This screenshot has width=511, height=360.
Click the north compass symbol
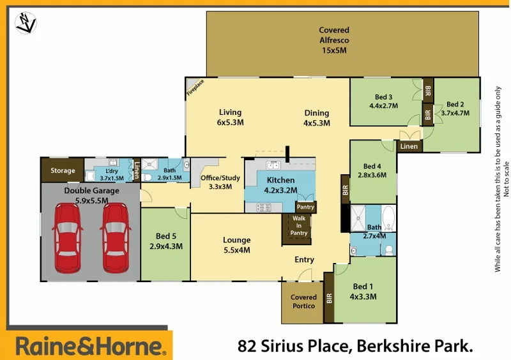click(25, 23)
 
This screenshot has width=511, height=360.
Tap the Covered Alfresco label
click(334, 40)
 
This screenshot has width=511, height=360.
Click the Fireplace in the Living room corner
click(195, 87)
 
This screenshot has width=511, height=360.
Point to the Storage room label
click(63, 170)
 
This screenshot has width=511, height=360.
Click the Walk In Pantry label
click(299, 226)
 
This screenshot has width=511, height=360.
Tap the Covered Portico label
click(303, 301)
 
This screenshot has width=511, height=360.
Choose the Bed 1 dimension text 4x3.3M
click(363, 296)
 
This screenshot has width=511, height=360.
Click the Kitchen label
click(280, 180)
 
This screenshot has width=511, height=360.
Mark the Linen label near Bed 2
click(408, 146)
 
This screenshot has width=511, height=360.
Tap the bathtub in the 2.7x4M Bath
click(388, 219)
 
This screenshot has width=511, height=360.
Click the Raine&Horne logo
click(89, 347)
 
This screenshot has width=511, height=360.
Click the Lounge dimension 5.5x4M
click(236, 250)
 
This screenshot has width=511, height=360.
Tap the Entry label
click(304, 260)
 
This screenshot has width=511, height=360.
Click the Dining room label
click(316, 113)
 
